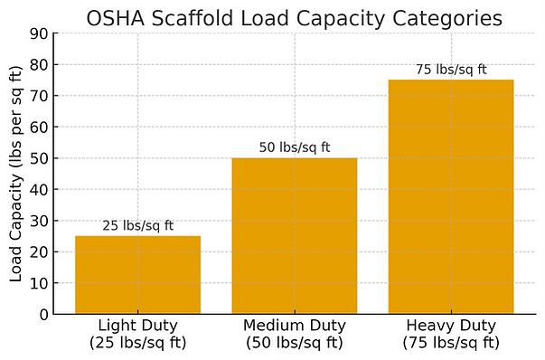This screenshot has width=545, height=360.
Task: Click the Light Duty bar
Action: click(137, 275)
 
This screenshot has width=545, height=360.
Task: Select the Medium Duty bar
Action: click(294, 236)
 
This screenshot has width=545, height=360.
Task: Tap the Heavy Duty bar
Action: click(451, 197)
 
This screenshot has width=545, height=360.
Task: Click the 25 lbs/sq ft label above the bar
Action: click(137, 225)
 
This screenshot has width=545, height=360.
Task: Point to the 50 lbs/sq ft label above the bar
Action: click(294, 147)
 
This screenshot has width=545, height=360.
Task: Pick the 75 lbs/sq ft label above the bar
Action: click(451, 70)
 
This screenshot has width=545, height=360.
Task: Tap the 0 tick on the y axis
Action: click(44, 315)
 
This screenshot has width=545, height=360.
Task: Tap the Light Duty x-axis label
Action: click(137, 334)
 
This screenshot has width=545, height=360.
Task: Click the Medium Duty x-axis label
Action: click(294, 334)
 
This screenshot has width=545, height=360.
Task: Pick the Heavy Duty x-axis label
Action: click(451, 334)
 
